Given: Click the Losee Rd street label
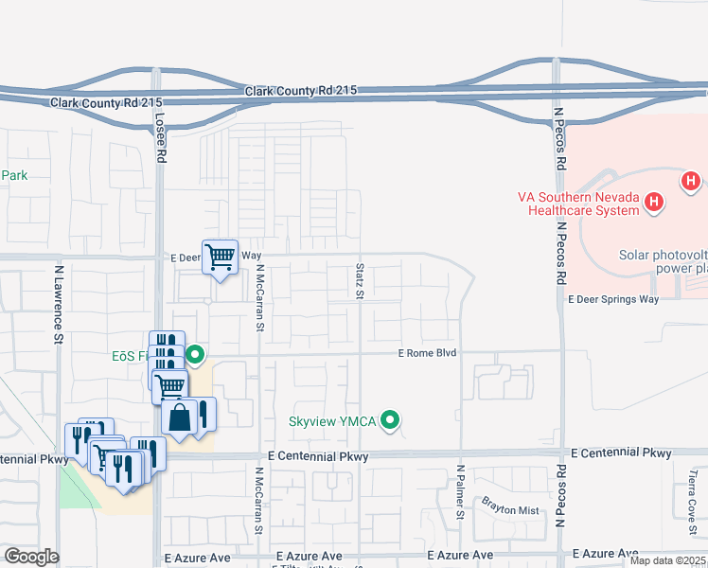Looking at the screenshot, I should click(162, 138).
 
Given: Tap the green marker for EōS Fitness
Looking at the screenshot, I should click(195, 356).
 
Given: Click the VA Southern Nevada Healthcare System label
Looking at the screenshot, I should click(577, 204).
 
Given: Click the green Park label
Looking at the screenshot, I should click(14, 175).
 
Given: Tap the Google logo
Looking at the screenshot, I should click(31, 557).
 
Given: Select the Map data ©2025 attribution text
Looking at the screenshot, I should click(668, 560).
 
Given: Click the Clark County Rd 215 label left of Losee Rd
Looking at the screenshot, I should click(107, 102).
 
